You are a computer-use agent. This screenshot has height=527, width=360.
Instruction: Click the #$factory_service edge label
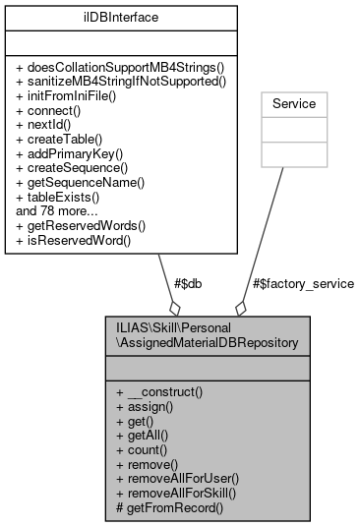[303, 283]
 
